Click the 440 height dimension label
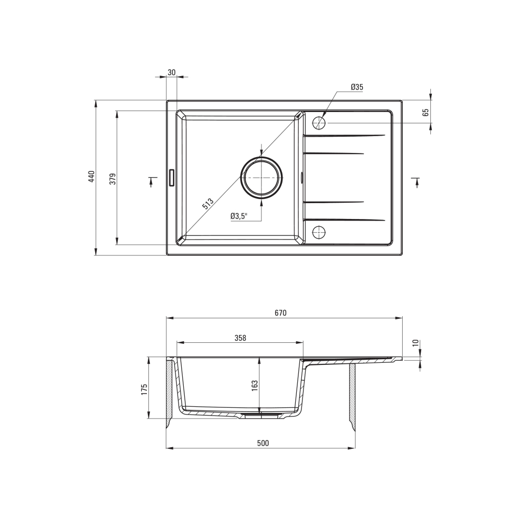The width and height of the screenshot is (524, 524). pos(92,177)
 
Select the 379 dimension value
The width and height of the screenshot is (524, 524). pos(113,179)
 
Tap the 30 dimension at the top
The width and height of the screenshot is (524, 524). pos(171,73)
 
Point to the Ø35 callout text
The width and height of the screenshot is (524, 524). pos(357,87)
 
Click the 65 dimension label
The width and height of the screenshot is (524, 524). pos(425,112)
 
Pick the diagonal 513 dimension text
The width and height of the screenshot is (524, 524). pos(208,204)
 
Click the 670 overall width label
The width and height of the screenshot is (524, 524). pos(281,313)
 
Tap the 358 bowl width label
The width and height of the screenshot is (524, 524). pos(241,338)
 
